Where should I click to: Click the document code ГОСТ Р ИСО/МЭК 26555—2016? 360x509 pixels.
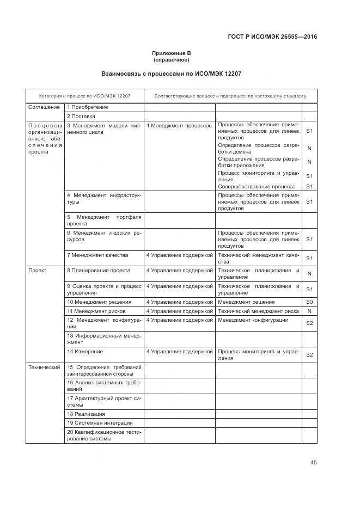tap(271, 37)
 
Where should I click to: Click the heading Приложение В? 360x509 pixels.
tap(171, 53)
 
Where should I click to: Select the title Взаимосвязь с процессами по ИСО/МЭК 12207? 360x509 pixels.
tap(171, 73)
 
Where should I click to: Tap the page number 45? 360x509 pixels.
tap(313, 462)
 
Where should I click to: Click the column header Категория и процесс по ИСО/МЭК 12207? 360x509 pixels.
tap(84, 96)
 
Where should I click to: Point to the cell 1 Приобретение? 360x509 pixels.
tap(88, 107)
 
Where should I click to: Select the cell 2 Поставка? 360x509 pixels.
tap(81, 116)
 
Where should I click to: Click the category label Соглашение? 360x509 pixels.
tap(44, 107)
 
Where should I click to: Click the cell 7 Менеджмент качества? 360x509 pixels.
tap(97, 255)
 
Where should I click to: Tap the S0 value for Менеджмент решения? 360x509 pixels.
tap(309, 302)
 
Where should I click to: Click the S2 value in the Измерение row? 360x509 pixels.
tap(309, 355)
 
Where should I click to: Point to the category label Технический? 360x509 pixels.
tap(44, 367)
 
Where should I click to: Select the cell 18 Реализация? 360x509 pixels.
tap(86, 414)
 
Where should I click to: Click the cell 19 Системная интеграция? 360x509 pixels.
tap(100, 423)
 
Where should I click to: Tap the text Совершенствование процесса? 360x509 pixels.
tap(257, 186)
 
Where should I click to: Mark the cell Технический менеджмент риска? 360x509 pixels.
tap(258, 311)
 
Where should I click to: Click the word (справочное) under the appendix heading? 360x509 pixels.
tap(171, 60)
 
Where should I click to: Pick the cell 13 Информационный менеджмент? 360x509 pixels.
tap(103, 339)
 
